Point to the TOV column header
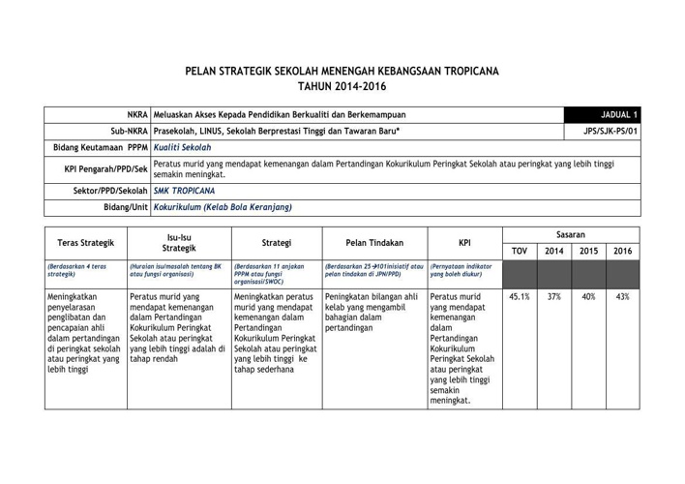(519, 252)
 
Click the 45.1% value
(519, 297)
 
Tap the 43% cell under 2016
(622, 297)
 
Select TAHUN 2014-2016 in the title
(342, 87)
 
